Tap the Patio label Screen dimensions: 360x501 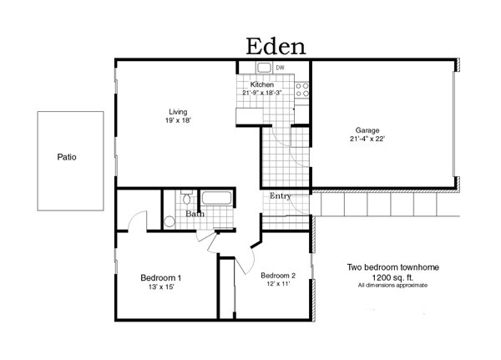point(67,156)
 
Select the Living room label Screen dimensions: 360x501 point(178,111)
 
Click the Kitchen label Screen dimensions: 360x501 point(262,84)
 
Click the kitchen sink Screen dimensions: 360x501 point(263,68)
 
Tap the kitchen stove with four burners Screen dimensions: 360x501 point(301,89)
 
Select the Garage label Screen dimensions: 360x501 point(367,130)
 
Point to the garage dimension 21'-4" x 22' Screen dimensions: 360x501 point(367,139)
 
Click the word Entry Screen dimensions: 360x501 point(279,196)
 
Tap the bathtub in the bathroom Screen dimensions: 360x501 point(218,200)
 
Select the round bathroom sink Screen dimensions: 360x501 point(170,221)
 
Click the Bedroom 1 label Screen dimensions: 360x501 point(160,277)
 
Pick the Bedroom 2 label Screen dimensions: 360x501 point(277,276)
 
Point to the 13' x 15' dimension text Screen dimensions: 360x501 point(160,286)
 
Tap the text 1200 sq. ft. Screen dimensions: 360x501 point(392,276)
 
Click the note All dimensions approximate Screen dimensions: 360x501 point(392,285)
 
